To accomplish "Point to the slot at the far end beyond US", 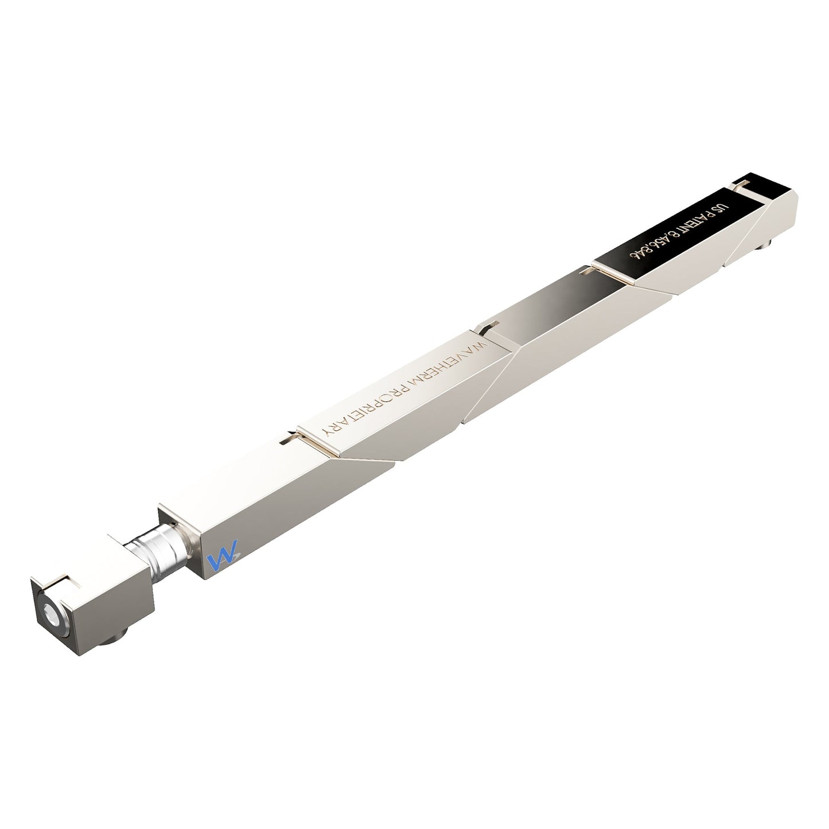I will [741, 183].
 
